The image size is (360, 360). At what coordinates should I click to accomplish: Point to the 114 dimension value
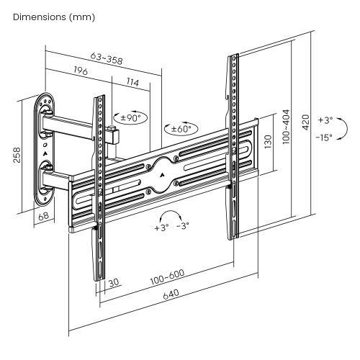(x=132, y=83)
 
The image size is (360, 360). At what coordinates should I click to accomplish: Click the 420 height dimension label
(x=307, y=122)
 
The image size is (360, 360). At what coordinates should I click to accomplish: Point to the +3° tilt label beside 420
(x=325, y=120)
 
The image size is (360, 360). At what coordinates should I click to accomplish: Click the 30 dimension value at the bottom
(x=114, y=283)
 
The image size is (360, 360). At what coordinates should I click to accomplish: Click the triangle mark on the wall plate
(x=45, y=153)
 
